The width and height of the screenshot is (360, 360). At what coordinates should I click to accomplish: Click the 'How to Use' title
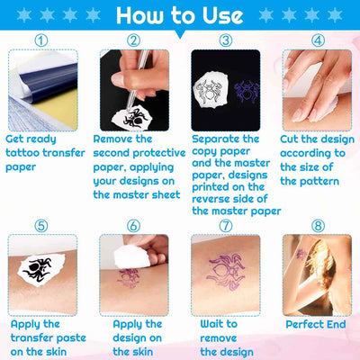pyautogui.click(x=179, y=15)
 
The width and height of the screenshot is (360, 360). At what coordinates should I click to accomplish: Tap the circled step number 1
pyautogui.click(x=42, y=40)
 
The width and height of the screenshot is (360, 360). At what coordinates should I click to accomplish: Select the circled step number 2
pyautogui.click(x=133, y=40)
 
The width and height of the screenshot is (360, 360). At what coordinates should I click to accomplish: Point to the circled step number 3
pyautogui.click(x=225, y=40)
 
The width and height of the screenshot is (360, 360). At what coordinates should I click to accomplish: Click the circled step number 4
pyautogui.click(x=317, y=40)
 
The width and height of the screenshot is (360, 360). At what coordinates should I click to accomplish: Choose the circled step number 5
pyautogui.click(x=42, y=225)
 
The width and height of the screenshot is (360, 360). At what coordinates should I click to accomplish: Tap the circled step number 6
pyautogui.click(x=133, y=225)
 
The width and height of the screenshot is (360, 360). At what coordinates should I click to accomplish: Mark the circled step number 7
pyautogui.click(x=225, y=225)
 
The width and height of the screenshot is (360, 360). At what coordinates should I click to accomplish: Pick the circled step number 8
pyautogui.click(x=317, y=225)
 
